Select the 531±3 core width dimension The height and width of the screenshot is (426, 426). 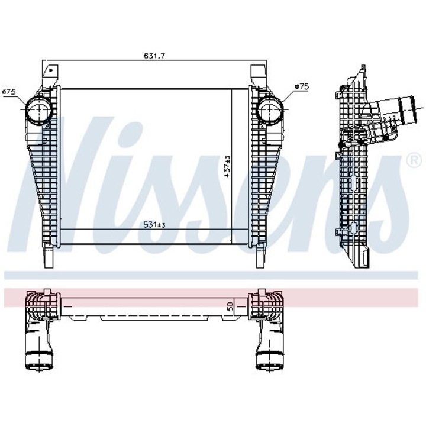pos(154,225)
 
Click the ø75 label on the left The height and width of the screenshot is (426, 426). pos(8,92)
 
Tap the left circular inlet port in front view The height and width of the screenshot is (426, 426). pos(38,111)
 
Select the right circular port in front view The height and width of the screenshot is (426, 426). pos(270,111)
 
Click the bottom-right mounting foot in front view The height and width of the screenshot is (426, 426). pos(259,256)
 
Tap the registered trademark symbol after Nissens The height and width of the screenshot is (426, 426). pos(411,160)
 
